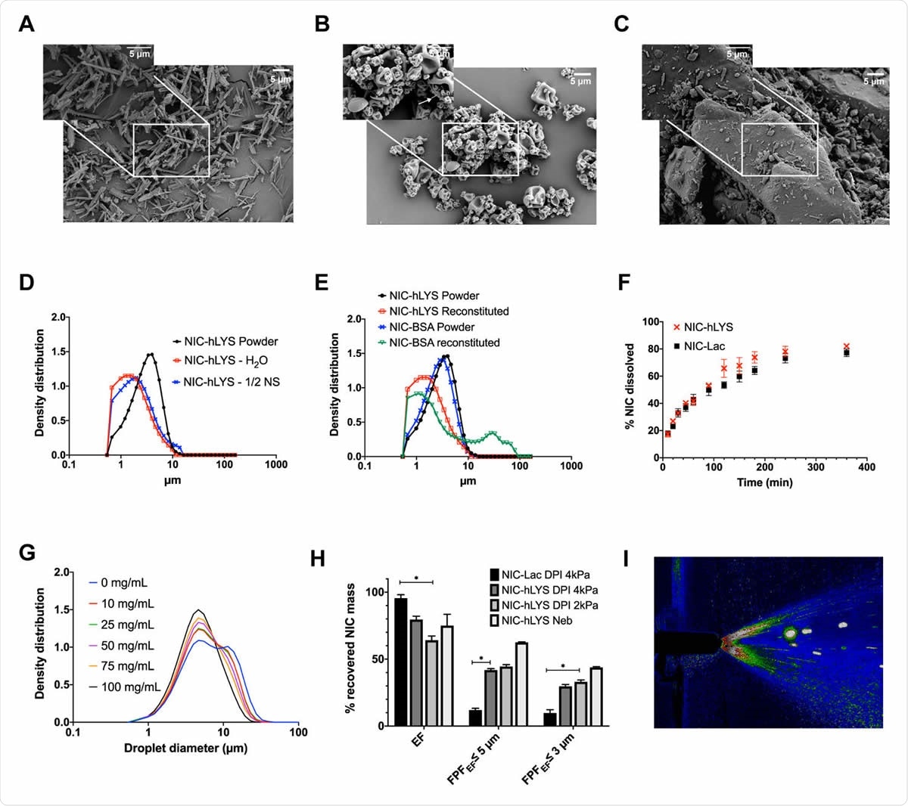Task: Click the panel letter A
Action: tap(26, 24)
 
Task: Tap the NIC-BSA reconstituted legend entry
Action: tap(444, 343)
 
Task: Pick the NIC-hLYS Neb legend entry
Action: tap(536, 621)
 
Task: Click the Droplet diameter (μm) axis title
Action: tap(185, 749)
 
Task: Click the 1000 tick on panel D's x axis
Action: tap(276, 464)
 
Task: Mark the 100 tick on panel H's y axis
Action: tap(375, 591)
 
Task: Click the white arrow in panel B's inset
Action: tap(429, 98)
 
